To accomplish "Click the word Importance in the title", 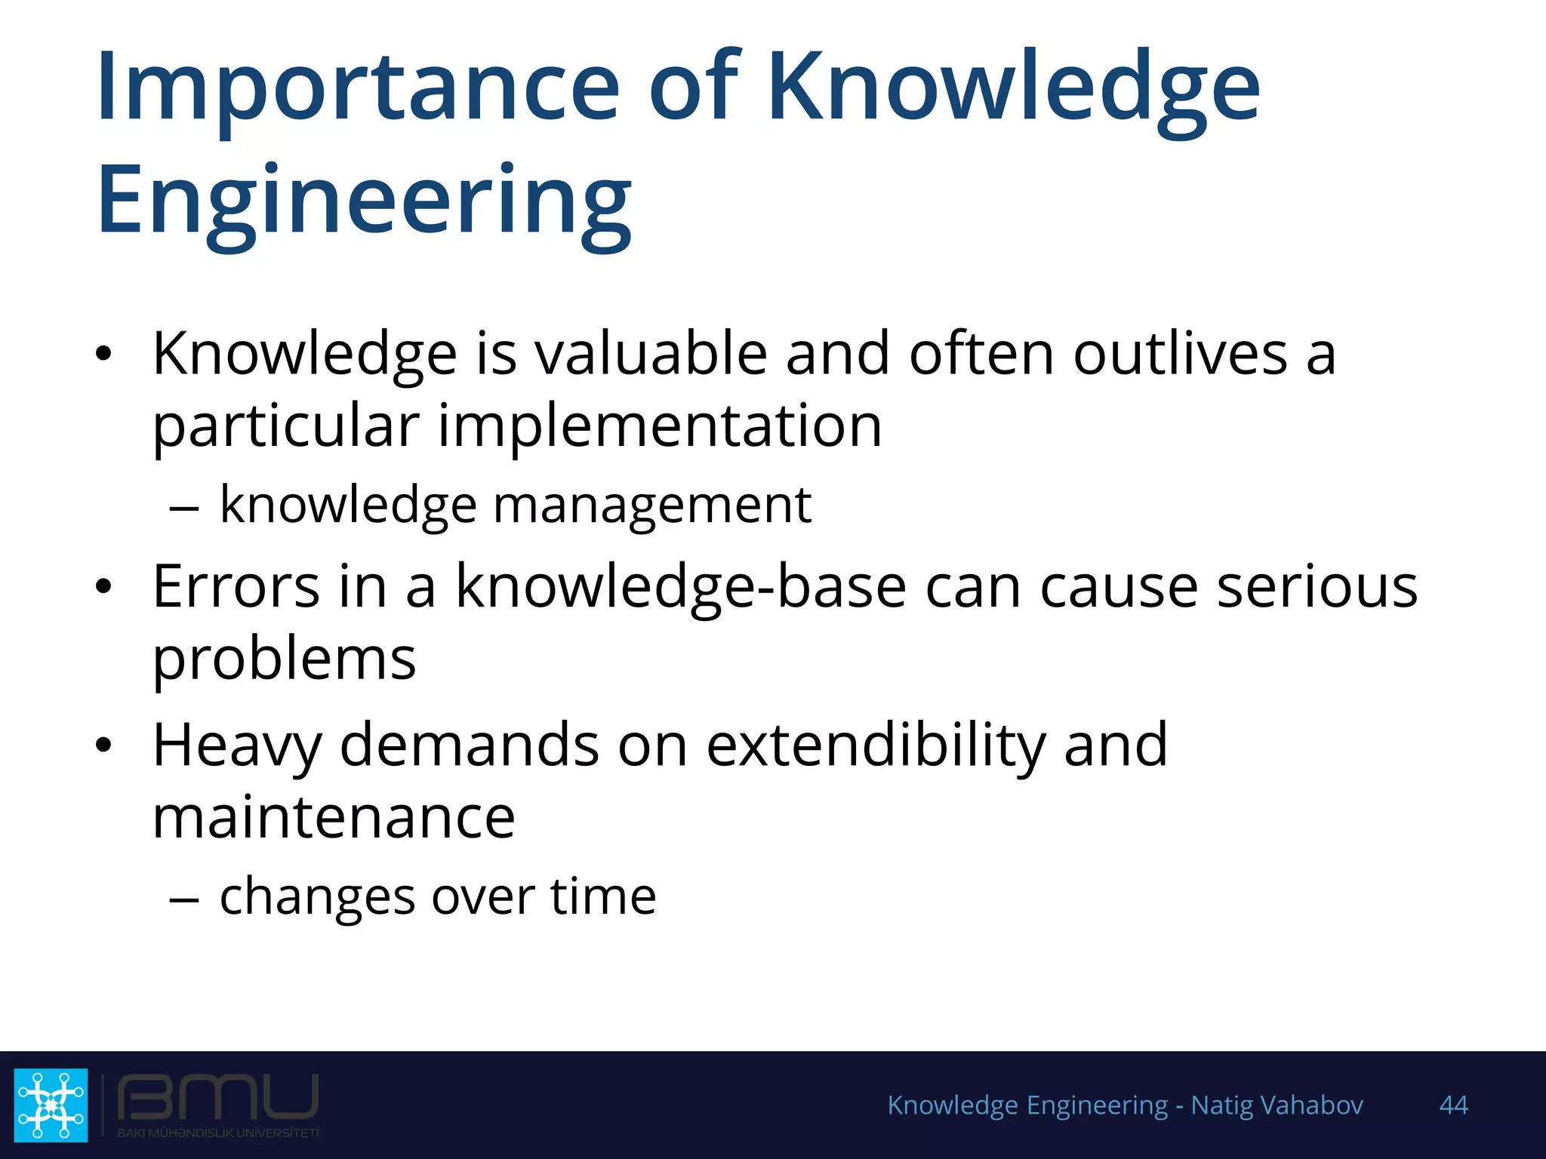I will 359,87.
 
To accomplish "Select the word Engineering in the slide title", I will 364,202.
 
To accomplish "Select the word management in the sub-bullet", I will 651,505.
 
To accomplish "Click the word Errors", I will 236,586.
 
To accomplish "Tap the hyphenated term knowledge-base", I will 680,586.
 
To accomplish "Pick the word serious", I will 1317,586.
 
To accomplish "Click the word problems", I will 284,659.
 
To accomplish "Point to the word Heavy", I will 237,746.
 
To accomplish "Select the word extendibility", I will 876,746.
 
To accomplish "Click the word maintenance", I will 334,818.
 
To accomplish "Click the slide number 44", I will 1453,1105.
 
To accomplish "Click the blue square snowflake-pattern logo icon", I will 51,1105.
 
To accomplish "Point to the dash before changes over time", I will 184,899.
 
